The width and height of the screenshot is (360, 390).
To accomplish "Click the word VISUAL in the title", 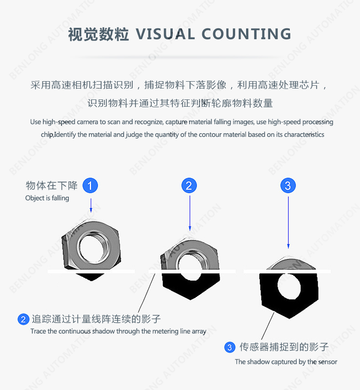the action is pyautogui.click(x=165, y=34).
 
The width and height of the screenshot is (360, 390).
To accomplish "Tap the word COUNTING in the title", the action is pyautogui.click(x=246, y=34).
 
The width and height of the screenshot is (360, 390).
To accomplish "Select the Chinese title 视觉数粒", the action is pyautogui.click(x=98, y=34).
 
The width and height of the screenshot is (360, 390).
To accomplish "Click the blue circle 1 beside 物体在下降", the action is pyautogui.click(x=90, y=185).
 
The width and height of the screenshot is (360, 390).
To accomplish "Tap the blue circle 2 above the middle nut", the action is pyautogui.click(x=189, y=185).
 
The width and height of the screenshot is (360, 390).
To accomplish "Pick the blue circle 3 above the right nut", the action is pyautogui.click(x=288, y=185).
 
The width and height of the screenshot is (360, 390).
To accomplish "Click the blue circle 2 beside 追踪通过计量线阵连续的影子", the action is pyautogui.click(x=23, y=319).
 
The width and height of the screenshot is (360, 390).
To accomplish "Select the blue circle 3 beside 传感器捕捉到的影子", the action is pyautogui.click(x=230, y=347).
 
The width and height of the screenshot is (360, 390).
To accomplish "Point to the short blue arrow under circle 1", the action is pyautogui.click(x=91, y=205).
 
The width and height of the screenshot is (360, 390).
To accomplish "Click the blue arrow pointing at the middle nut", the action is pyautogui.click(x=190, y=213).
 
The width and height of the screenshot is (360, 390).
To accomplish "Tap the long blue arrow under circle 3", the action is pyautogui.click(x=288, y=222).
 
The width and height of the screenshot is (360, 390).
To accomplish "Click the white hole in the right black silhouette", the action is pyautogui.click(x=289, y=286).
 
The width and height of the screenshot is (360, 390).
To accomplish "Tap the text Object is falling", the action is pyautogui.click(x=47, y=198).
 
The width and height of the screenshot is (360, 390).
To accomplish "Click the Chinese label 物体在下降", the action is pyautogui.click(x=51, y=186).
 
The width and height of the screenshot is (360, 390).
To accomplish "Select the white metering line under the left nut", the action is pyautogui.click(x=91, y=271).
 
